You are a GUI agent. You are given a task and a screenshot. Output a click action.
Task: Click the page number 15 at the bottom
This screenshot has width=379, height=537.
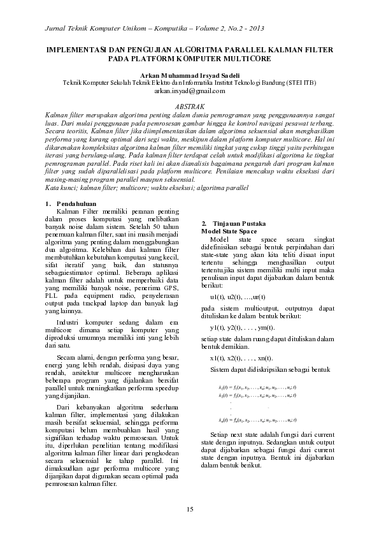(190, 508)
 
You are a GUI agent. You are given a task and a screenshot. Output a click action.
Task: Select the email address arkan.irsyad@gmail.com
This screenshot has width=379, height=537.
(190, 91)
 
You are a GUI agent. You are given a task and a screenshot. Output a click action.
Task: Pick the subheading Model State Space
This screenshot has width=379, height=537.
(229, 231)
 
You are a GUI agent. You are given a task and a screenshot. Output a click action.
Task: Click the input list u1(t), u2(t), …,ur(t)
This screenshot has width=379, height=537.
(238, 279)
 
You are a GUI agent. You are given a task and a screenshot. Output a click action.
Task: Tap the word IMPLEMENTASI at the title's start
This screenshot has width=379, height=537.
(77, 49)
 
